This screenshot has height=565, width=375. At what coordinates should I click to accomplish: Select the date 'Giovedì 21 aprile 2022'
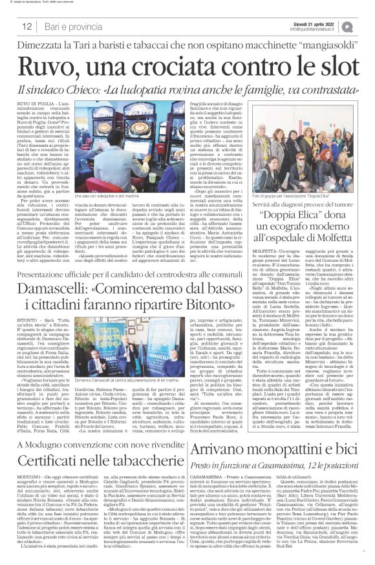point(323,23)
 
